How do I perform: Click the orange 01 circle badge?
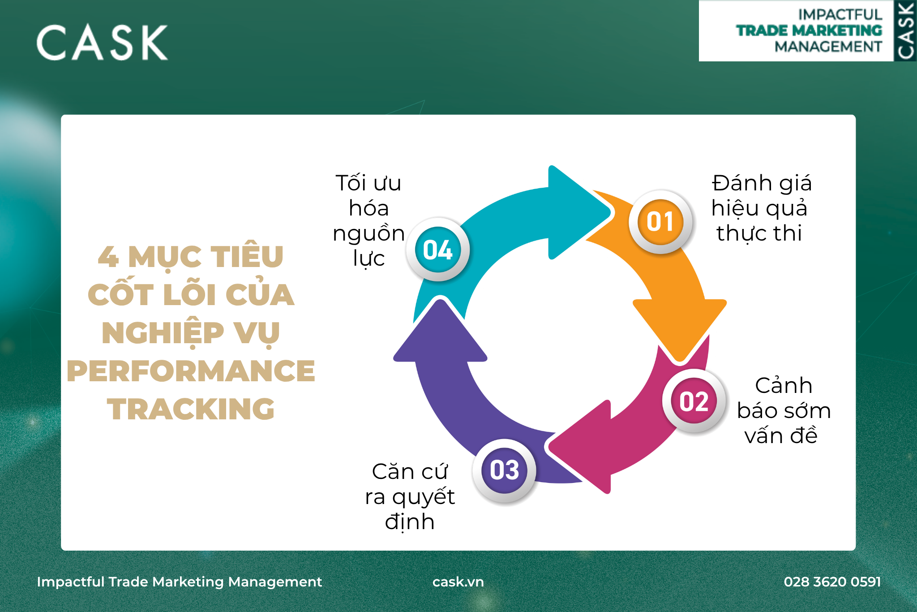(x=660, y=222)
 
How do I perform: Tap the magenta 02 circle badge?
(x=694, y=401)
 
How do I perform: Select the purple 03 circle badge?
(x=504, y=471)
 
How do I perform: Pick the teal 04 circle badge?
(x=438, y=250)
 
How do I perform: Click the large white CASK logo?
(x=102, y=43)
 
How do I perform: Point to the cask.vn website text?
(x=458, y=582)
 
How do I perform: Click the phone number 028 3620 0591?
(x=832, y=582)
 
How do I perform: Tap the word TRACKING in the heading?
(x=191, y=409)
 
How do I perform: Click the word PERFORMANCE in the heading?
(x=191, y=371)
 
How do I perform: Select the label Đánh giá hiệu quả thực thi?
(x=762, y=208)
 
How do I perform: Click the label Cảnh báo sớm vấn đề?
(x=784, y=411)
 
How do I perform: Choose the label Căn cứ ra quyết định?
(x=410, y=497)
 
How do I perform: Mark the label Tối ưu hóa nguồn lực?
(x=369, y=220)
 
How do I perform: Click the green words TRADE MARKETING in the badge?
(x=809, y=30)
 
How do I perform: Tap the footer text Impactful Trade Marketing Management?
(x=179, y=582)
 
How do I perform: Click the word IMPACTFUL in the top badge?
(x=840, y=15)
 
